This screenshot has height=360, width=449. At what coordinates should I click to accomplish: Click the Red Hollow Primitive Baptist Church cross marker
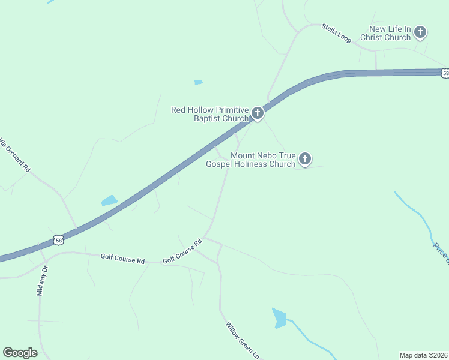pos(257,113)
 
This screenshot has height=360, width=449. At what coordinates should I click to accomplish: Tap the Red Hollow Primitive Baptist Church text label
pos(209,114)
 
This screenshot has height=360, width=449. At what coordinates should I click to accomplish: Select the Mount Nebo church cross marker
pos(305,159)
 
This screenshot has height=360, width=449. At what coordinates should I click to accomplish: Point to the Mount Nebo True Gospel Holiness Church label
pos(251,160)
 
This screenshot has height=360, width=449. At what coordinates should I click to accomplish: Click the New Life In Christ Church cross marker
pos(420,32)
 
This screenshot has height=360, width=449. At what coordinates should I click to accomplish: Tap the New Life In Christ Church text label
pos(386,33)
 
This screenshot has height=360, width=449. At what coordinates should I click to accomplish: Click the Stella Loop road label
pos(336,32)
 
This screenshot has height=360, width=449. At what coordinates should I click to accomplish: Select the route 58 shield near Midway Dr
pos(58,240)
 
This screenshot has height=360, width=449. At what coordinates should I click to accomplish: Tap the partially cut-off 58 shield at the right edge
pos(445,73)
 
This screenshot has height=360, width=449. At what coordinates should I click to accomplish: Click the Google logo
pos(20,353)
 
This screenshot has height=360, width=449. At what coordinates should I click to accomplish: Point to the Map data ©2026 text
pos(423,355)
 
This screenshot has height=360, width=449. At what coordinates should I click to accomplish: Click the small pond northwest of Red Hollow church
pos(198,82)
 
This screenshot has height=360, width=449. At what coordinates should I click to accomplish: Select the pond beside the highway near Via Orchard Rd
pos(109,200)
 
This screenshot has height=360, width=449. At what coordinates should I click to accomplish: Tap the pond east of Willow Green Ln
pos(279,317)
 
